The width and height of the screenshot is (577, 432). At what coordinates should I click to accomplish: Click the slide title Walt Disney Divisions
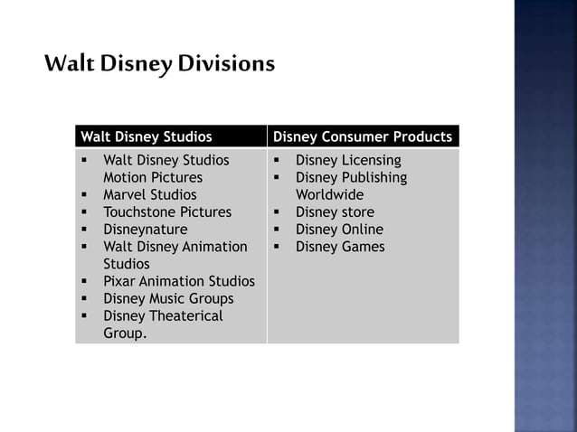[158, 65]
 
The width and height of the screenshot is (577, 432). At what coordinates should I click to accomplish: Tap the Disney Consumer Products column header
[362, 137]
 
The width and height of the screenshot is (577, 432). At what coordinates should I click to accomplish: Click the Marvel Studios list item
[149, 195]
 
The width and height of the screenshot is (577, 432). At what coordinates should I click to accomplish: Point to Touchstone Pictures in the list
[167, 212]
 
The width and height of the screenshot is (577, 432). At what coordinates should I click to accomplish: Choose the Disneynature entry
[146, 230]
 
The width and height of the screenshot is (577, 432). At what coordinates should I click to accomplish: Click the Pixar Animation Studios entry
[179, 281]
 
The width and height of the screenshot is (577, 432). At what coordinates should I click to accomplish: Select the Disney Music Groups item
[168, 298]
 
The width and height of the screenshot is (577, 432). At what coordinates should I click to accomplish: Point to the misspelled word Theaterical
[184, 315]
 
